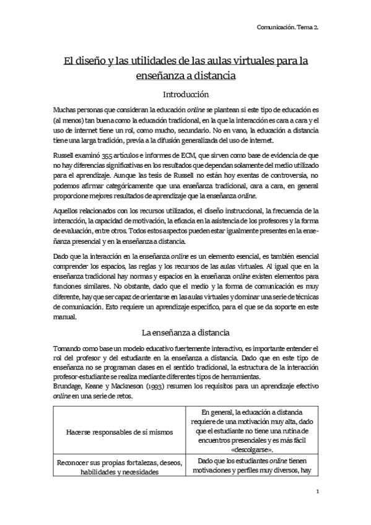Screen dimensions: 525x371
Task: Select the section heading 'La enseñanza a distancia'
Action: [185, 332]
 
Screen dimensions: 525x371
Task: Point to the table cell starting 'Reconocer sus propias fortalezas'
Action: [119, 467]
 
